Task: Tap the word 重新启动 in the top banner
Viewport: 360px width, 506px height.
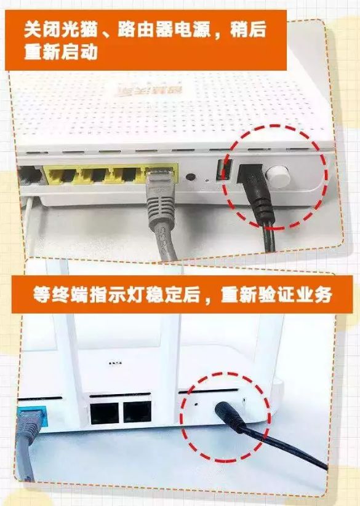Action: coord(62,52)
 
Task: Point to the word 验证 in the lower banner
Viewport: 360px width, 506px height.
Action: coord(274,295)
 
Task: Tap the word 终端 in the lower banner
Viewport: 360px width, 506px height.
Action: coord(74,295)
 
